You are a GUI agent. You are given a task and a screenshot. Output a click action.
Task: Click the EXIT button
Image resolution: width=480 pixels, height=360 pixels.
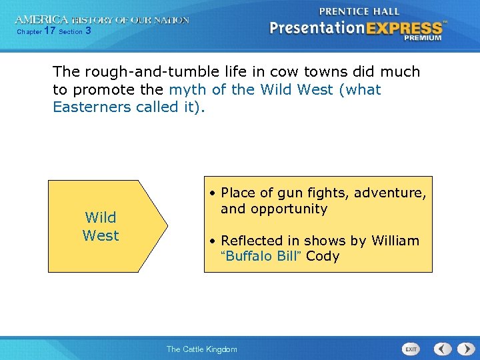[411, 349]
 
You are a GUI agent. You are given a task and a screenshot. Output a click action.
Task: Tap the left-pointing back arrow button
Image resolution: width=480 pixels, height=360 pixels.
[443, 349]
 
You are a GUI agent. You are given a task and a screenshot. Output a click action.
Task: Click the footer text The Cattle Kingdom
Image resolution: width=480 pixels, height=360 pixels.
[201, 349]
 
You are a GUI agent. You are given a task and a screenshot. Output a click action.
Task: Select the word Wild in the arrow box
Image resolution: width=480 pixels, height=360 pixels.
[101, 217]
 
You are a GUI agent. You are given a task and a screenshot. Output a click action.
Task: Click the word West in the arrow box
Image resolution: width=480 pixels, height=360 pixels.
[101, 235]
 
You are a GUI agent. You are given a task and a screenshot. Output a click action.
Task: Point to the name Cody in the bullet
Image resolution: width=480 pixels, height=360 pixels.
[323, 256]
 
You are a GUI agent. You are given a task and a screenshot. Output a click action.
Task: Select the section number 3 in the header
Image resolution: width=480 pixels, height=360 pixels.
[89, 31]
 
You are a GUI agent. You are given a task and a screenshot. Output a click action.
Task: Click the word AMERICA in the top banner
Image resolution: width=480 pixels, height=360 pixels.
[41, 20]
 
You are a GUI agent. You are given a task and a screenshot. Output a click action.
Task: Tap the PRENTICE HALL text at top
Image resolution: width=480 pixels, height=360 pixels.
[359, 11]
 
